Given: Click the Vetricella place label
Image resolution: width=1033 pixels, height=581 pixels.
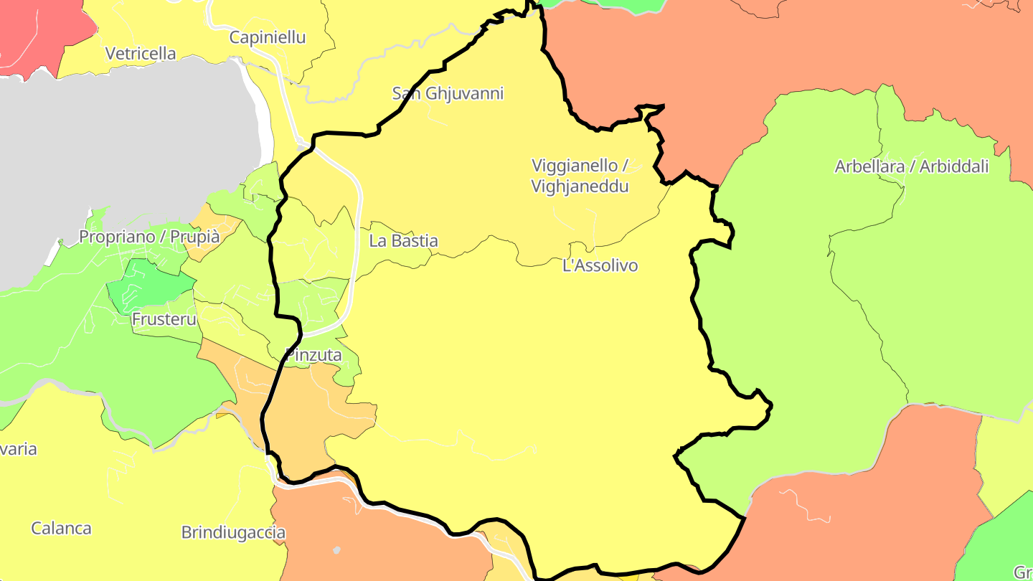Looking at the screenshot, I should coord(141,53).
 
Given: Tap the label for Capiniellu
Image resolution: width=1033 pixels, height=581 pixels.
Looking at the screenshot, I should coord(268,37).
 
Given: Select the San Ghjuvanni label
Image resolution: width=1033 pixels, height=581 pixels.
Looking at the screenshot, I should coord(448,93).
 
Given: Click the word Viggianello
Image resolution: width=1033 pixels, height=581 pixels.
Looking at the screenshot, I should coord(574,165).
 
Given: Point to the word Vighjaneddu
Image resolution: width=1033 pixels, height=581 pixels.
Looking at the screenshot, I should coord(580,186).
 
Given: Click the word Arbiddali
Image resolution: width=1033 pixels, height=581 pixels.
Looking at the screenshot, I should coord(954,167).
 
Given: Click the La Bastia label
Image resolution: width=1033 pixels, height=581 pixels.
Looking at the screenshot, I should coord(403,241).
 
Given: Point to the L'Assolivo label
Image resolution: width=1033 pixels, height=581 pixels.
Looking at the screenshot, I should coord(600,266).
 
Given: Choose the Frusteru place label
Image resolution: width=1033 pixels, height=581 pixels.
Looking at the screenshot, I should coord(164,319).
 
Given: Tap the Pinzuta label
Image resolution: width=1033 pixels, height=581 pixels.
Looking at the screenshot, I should coord(313,355).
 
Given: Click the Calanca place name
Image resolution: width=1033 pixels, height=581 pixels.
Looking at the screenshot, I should coord(61,529).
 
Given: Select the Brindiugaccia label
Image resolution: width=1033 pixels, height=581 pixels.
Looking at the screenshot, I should coord(233,533).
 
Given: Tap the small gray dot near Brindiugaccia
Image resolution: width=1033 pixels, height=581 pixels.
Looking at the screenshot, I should coord(336,550).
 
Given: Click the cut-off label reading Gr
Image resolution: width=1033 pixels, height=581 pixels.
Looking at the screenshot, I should coord(1023,572).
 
